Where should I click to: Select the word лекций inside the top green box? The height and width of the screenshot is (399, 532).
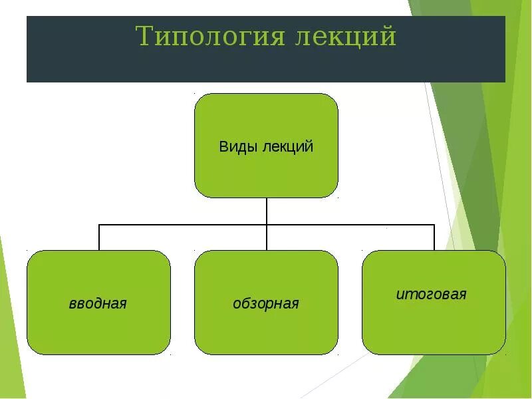tap(287, 147)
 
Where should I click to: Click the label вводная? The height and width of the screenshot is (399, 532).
tap(98, 304)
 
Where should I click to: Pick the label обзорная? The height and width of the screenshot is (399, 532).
tap(266, 304)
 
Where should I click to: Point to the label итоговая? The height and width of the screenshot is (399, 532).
tap(432, 294)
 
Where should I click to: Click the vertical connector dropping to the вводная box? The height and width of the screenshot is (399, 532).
tap(99, 237)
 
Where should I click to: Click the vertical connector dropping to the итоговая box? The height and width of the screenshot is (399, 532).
tap(434, 237)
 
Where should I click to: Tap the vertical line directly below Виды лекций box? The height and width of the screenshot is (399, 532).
tap(267, 211)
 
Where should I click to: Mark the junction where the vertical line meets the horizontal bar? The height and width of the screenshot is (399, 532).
tap(267, 225)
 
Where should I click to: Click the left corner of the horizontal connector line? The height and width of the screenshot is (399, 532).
tap(99, 225)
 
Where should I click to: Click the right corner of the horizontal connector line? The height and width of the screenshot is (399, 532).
tap(434, 225)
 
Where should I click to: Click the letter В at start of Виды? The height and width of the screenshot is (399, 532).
tap(223, 147)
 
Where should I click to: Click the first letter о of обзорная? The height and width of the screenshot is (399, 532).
tap(236, 304)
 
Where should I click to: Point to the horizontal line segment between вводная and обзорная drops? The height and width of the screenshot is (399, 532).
tap(183, 225)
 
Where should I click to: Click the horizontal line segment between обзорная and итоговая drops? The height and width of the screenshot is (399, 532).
tap(350, 225)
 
